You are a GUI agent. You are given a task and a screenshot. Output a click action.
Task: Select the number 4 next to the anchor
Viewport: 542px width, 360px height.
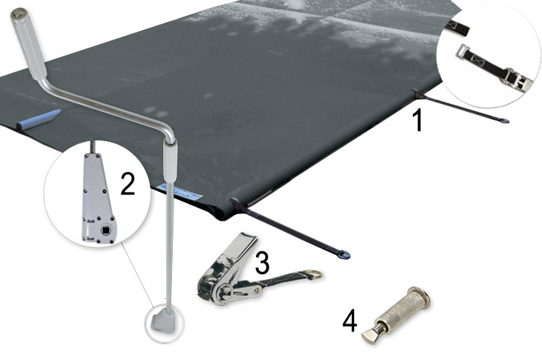349,320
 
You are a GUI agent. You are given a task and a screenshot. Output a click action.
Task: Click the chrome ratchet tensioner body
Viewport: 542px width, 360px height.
226,274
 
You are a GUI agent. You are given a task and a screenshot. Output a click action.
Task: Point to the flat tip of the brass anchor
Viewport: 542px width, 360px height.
370,338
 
